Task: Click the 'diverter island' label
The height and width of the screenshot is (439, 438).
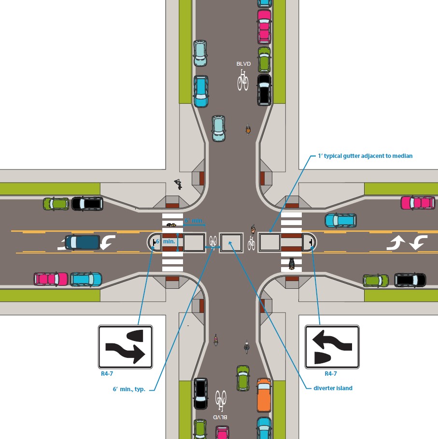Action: [x=330, y=388]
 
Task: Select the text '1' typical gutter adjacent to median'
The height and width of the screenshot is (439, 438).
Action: [x=362, y=156]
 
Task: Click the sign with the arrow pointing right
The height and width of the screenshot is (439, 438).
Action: [x=126, y=347]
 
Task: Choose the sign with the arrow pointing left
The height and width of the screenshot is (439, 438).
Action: [x=332, y=347]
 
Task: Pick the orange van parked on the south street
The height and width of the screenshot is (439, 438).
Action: [x=264, y=395]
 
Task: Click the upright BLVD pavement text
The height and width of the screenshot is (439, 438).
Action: [x=243, y=64]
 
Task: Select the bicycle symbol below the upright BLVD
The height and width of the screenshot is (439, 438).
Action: [x=242, y=80]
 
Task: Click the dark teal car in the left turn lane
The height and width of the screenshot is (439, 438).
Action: [x=82, y=242]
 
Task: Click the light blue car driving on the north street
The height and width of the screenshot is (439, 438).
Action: [x=219, y=128]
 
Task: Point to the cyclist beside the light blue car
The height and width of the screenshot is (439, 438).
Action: [x=248, y=129]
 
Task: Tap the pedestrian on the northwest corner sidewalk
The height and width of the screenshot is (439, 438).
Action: [x=178, y=184]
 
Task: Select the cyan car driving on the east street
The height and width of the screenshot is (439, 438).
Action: [x=340, y=220]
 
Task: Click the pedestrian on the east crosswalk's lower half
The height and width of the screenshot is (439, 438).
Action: [x=291, y=264]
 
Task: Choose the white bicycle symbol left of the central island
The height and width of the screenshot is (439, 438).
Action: [x=213, y=240]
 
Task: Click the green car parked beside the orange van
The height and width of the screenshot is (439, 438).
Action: [x=243, y=378]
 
